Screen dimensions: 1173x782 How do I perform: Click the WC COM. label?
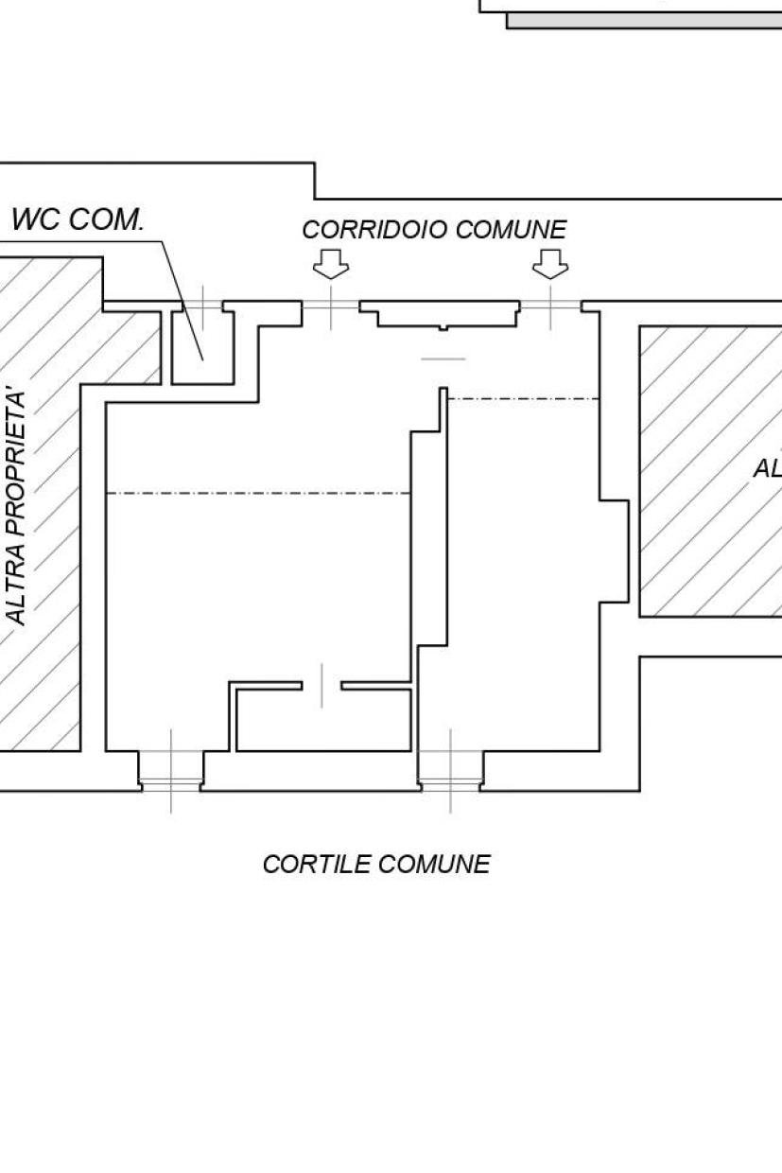click(78, 220)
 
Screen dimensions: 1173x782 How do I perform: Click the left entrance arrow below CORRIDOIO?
click(331, 264)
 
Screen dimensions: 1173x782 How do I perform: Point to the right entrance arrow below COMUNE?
click(550, 264)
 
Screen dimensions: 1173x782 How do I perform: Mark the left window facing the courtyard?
click(171, 770)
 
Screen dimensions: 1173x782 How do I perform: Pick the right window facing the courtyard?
click(450, 770)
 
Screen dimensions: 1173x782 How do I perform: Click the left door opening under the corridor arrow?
click(331, 305)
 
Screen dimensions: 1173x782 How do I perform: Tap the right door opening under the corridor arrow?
click(550, 305)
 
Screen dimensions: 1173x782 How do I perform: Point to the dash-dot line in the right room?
click(523, 399)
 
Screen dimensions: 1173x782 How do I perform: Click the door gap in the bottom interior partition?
click(321, 685)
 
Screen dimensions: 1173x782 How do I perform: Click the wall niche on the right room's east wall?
click(615, 550)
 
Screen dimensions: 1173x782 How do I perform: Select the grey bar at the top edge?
click(643, 21)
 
